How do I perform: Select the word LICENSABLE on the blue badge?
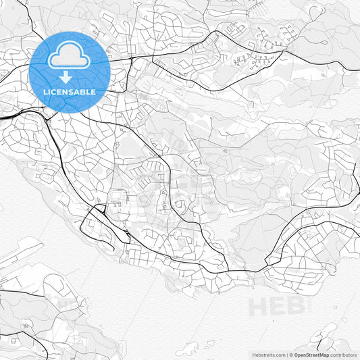(70, 91)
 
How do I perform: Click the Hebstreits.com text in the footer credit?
(268, 355)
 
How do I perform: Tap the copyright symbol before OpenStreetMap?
(291, 355)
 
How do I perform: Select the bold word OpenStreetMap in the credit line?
(311, 355)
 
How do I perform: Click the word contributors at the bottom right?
(343, 355)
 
